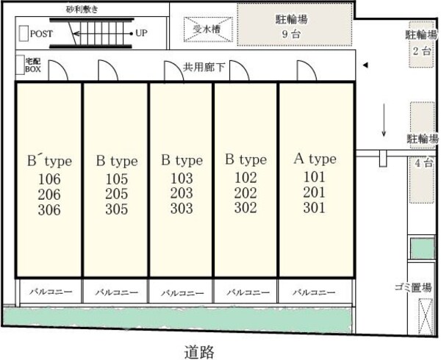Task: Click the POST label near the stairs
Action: pyautogui.click(x=41, y=34)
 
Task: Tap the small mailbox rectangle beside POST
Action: pyautogui.click(x=24, y=34)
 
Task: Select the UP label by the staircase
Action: pyautogui.click(x=141, y=33)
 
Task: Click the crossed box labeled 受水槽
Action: pyautogui.click(x=208, y=29)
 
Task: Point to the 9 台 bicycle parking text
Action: pyautogui.click(x=291, y=35)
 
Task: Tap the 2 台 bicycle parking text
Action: pyautogui.click(x=422, y=51)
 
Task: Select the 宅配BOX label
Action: pyautogui.click(x=33, y=65)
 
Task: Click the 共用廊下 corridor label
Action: pyautogui.click(x=204, y=67)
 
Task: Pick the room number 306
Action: pyautogui.click(x=49, y=210)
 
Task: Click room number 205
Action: pyautogui.click(x=117, y=194)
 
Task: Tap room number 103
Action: pyautogui.click(x=182, y=178)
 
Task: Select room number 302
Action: pyautogui.click(x=245, y=208)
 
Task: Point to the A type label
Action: pyautogui.click(x=315, y=159)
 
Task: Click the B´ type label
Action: pyautogui.click(x=49, y=161)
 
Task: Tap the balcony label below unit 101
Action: pyautogui.click(x=314, y=292)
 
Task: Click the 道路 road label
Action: pyautogui.click(x=199, y=352)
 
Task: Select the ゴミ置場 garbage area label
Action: pyautogui.click(x=413, y=287)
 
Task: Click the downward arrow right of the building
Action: pyautogui.click(x=384, y=120)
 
